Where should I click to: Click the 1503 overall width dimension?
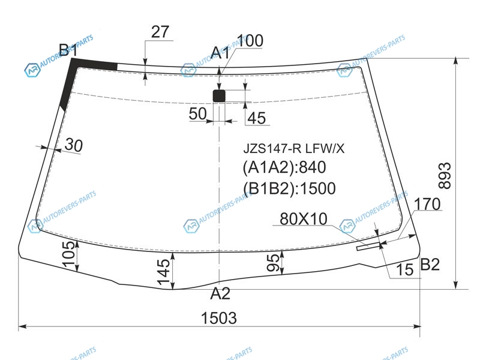tap(219, 318)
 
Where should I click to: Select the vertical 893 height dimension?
tap(445, 176)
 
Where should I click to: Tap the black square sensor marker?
tap(219, 96)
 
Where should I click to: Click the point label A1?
tap(220, 53)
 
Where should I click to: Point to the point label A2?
tap(220, 293)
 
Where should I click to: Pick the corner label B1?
tap(68, 50)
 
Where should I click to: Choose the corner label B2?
tap(430, 264)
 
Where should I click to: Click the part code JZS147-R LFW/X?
tap(294, 149)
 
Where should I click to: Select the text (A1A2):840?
tap(284, 167)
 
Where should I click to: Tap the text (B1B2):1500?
tap(289, 188)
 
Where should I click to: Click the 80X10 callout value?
tap(304, 219)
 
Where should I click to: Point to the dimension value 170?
tap(427, 204)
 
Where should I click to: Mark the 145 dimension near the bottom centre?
tap(164, 272)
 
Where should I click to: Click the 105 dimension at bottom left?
tap(70, 254)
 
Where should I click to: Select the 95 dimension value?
tap(273, 263)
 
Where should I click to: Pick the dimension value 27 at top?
tap(160, 32)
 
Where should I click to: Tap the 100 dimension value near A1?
tap(250, 41)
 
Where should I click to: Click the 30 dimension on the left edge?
tap(74, 145)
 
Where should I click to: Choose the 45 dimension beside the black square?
tap(257, 118)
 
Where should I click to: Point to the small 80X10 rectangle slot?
tap(368, 246)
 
